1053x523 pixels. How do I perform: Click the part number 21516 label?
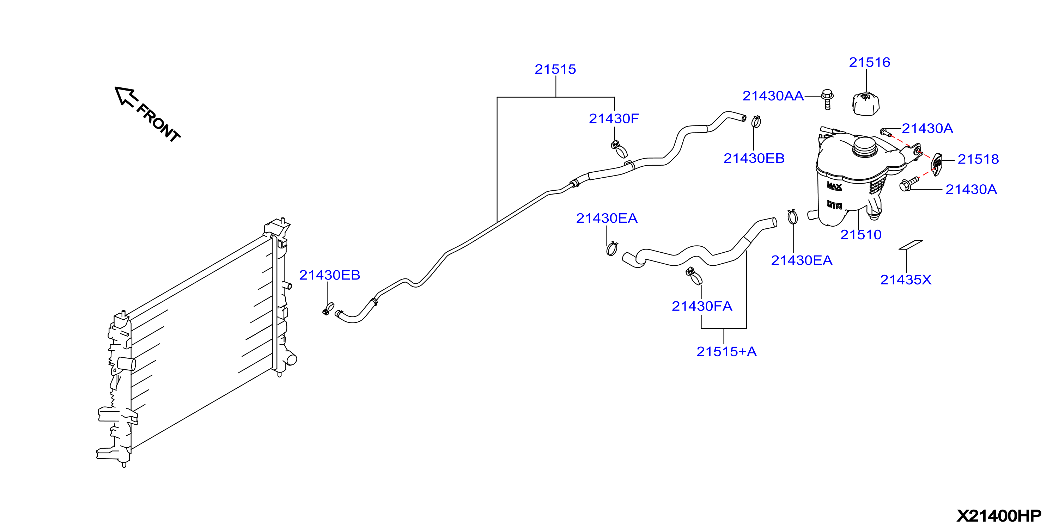click(x=870, y=62)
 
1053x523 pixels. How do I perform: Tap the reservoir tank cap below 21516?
click(x=866, y=104)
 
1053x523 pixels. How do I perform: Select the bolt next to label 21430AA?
click(x=827, y=99)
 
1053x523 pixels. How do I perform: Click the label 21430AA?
click(x=773, y=96)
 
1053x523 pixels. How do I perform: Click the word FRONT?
click(x=158, y=123)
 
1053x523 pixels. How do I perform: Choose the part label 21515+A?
click(x=726, y=351)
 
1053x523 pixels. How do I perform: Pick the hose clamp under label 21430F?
click(x=619, y=149)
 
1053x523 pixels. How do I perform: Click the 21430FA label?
click(x=702, y=306)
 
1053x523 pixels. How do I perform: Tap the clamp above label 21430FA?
click(x=694, y=276)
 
